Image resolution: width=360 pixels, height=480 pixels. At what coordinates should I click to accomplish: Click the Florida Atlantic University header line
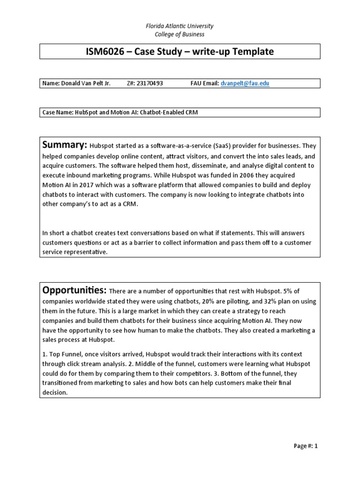(180, 26)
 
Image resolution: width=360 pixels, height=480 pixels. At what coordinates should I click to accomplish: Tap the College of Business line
(180, 34)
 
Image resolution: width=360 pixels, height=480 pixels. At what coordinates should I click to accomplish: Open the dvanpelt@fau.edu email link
(245, 83)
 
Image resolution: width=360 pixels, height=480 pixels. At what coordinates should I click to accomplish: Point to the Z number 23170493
(149, 83)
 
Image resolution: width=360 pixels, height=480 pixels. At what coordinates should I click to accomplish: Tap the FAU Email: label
(204, 83)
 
